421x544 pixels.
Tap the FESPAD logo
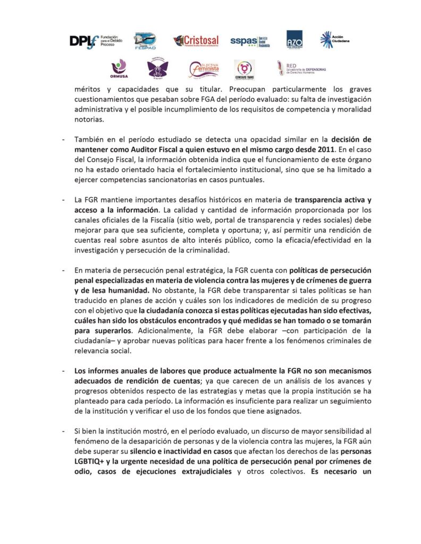(x=145, y=40)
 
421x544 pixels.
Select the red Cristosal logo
(x=196, y=41)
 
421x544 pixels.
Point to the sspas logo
(x=250, y=41)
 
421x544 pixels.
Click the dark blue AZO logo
(x=294, y=40)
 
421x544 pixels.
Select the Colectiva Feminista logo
(x=204, y=69)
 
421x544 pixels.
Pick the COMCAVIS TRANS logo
(x=245, y=69)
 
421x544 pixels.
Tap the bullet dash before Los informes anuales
(x=63, y=371)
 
